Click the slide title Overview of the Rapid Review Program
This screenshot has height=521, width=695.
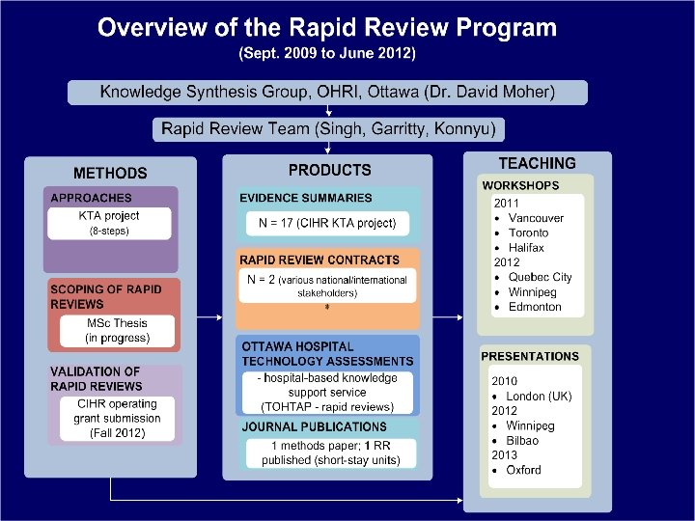[327, 27]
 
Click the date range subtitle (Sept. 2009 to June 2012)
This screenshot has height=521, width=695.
[327, 53]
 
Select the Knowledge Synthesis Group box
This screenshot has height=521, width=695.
[327, 93]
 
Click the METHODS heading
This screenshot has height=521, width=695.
[110, 174]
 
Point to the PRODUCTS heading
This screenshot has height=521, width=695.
[329, 170]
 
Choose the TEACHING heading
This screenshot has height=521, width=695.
[537, 164]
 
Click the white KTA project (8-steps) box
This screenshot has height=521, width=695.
[109, 223]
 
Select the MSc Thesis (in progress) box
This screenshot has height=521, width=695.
[119, 330]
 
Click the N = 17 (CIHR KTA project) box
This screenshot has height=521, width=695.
[327, 224]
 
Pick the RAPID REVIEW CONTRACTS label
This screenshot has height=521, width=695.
[319, 260]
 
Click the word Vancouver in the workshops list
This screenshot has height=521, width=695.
[536, 218]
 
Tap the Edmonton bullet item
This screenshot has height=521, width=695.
[534, 307]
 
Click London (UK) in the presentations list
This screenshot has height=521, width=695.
[539, 397]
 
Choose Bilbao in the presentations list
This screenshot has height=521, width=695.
[523, 440]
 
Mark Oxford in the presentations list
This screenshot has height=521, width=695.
[524, 470]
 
